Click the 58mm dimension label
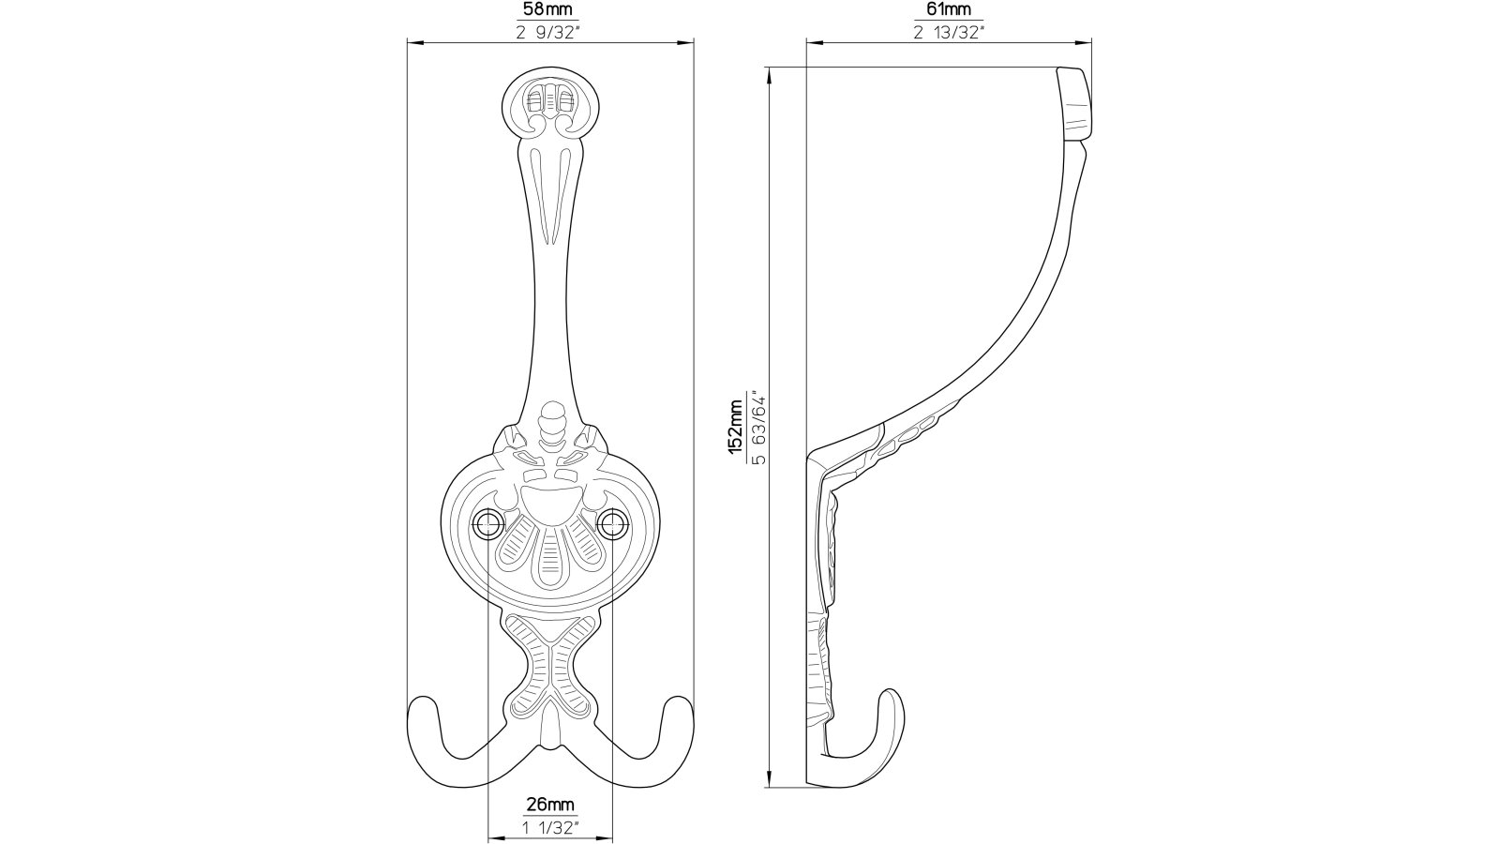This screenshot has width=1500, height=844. click(x=550, y=9)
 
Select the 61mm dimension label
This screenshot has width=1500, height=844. click(x=949, y=9)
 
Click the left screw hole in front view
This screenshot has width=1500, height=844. click(x=488, y=524)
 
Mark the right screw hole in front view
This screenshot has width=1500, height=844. click(x=613, y=524)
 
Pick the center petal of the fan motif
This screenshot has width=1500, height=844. click(x=550, y=562)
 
